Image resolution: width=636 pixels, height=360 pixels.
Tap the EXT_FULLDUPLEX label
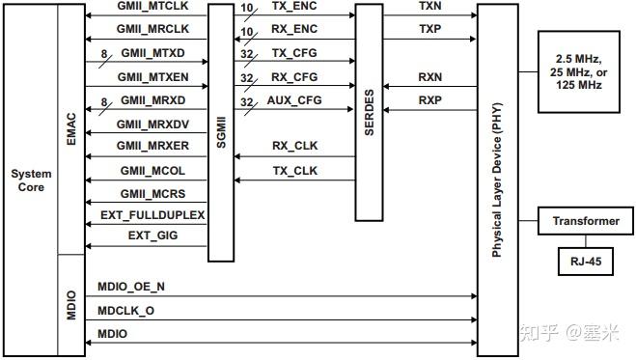point(152,213)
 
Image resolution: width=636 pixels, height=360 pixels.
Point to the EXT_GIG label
point(152,235)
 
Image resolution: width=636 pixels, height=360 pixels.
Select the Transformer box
point(585,221)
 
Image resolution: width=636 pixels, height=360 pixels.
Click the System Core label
point(31,180)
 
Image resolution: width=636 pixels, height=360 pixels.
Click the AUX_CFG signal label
point(295,100)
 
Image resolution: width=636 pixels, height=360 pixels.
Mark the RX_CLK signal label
point(295,147)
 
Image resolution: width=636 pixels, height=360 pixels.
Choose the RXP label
point(430,99)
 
